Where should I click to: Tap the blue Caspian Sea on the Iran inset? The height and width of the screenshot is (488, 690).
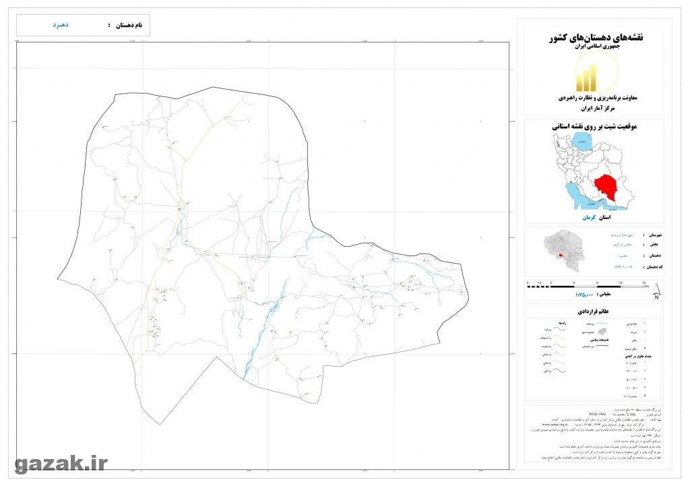pos(580,143)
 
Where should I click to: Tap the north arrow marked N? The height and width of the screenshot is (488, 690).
pos(656,292)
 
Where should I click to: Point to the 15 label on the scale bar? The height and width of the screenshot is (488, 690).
pos(644,283)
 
